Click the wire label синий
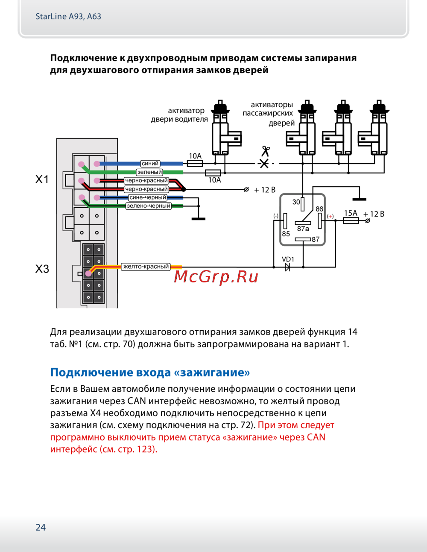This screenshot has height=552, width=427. click(x=150, y=164)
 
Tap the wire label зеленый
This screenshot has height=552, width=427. click(x=149, y=172)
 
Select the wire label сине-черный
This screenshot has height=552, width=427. click(x=148, y=197)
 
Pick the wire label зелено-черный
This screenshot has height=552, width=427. click(x=148, y=206)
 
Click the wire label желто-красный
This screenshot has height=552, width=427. click(x=146, y=267)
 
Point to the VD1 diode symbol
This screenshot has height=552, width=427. click(x=287, y=267)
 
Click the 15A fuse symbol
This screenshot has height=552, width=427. click(x=351, y=220)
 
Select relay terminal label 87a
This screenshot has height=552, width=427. click(x=303, y=229)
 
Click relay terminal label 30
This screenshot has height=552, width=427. click(x=296, y=202)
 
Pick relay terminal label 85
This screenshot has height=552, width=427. click(x=286, y=234)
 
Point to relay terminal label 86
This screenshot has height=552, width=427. click(x=319, y=209)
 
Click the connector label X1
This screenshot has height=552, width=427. click(x=42, y=179)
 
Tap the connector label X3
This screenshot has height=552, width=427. click(x=42, y=269)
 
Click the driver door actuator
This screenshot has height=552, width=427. click(x=223, y=128)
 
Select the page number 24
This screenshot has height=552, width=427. click(x=41, y=527)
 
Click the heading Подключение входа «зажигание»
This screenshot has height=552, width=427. click(x=150, y=373)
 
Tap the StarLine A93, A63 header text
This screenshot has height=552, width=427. click(x=68, y=17)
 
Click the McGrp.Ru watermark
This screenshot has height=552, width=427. click(x=216, y=277)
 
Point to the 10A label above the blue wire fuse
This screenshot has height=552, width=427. click(x=195, y=156)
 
